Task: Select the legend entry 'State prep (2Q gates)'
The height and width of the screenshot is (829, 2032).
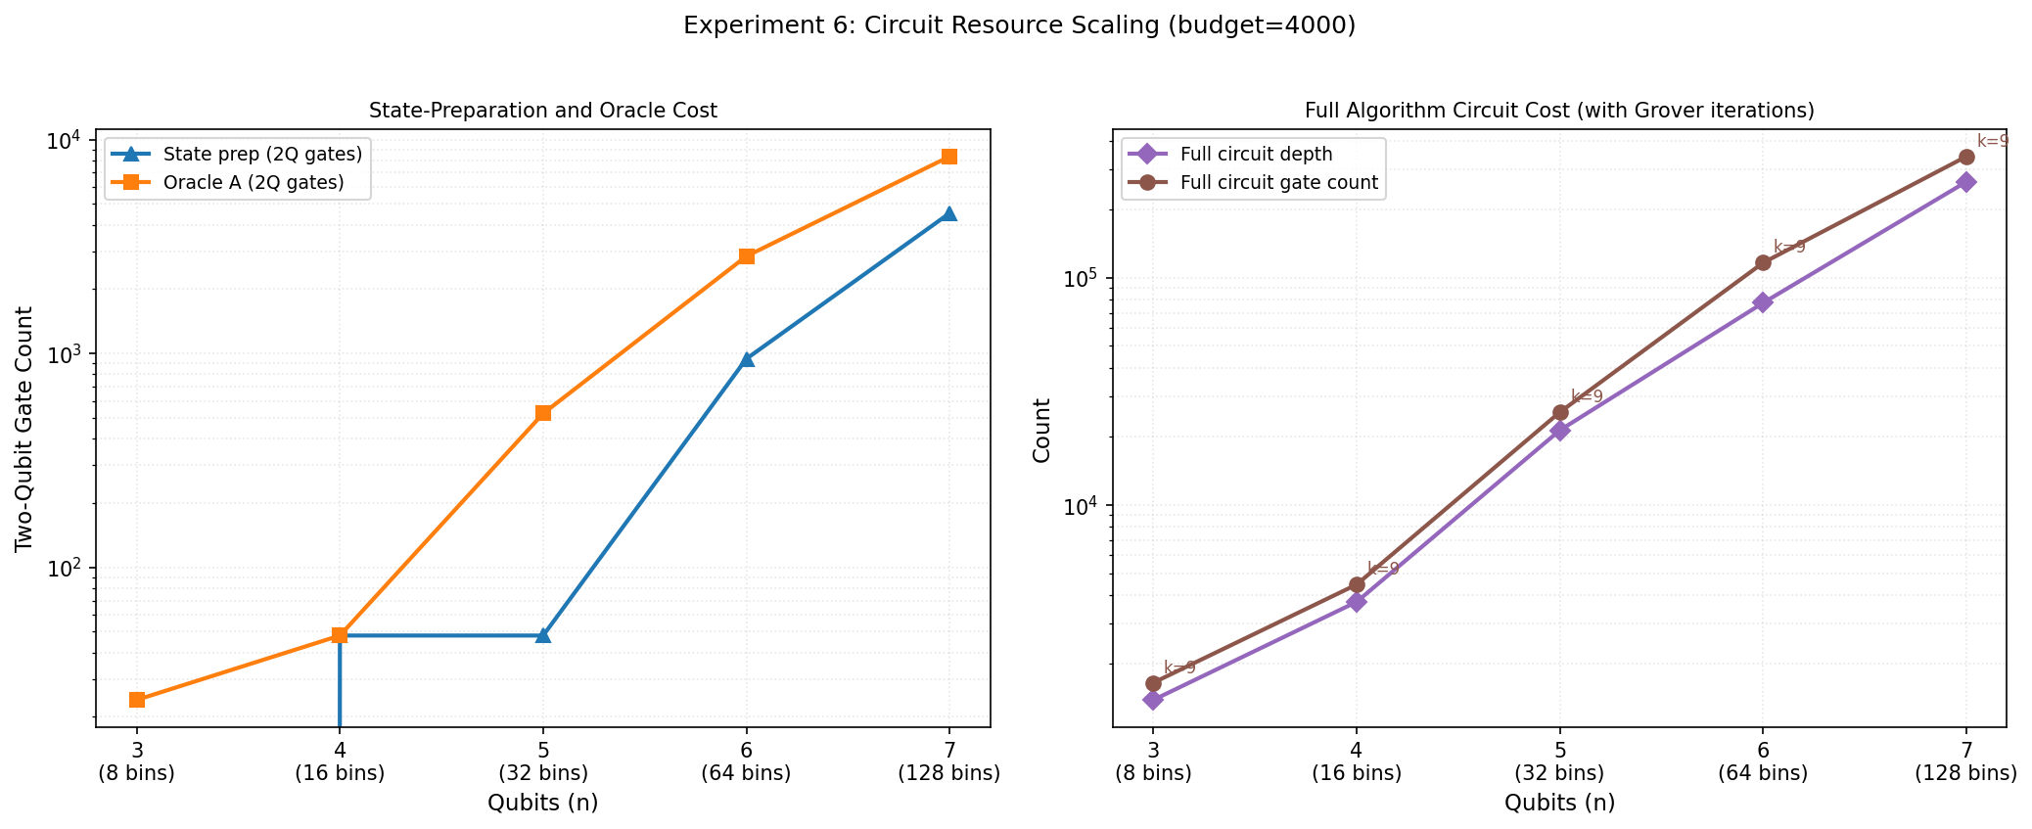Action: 262,154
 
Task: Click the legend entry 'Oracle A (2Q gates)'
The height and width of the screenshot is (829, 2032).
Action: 254,182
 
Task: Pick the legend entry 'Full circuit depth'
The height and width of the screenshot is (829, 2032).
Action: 1256,154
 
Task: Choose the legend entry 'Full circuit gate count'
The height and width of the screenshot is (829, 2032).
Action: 1279,182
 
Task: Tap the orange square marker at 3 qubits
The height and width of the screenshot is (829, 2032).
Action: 137,700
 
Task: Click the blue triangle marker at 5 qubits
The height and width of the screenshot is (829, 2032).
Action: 543,635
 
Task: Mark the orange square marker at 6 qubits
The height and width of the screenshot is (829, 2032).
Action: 747,256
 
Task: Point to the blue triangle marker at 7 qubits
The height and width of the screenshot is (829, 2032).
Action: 948,214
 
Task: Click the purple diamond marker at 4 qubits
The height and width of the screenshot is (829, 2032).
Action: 1357,601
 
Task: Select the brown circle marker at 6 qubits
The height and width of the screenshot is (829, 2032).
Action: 1763,262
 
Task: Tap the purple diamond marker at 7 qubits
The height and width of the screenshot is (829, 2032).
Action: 1965,182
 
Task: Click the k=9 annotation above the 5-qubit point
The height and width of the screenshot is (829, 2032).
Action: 1587,396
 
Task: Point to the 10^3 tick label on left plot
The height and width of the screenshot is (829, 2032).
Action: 65,354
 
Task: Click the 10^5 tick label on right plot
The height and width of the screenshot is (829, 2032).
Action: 1082,279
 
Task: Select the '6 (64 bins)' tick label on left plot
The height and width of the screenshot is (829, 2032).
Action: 746,762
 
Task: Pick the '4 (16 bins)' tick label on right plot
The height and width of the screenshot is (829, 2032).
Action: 1357,762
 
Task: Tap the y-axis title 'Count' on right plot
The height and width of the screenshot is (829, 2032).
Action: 1041,430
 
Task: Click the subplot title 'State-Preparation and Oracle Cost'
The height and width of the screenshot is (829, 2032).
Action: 542,111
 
